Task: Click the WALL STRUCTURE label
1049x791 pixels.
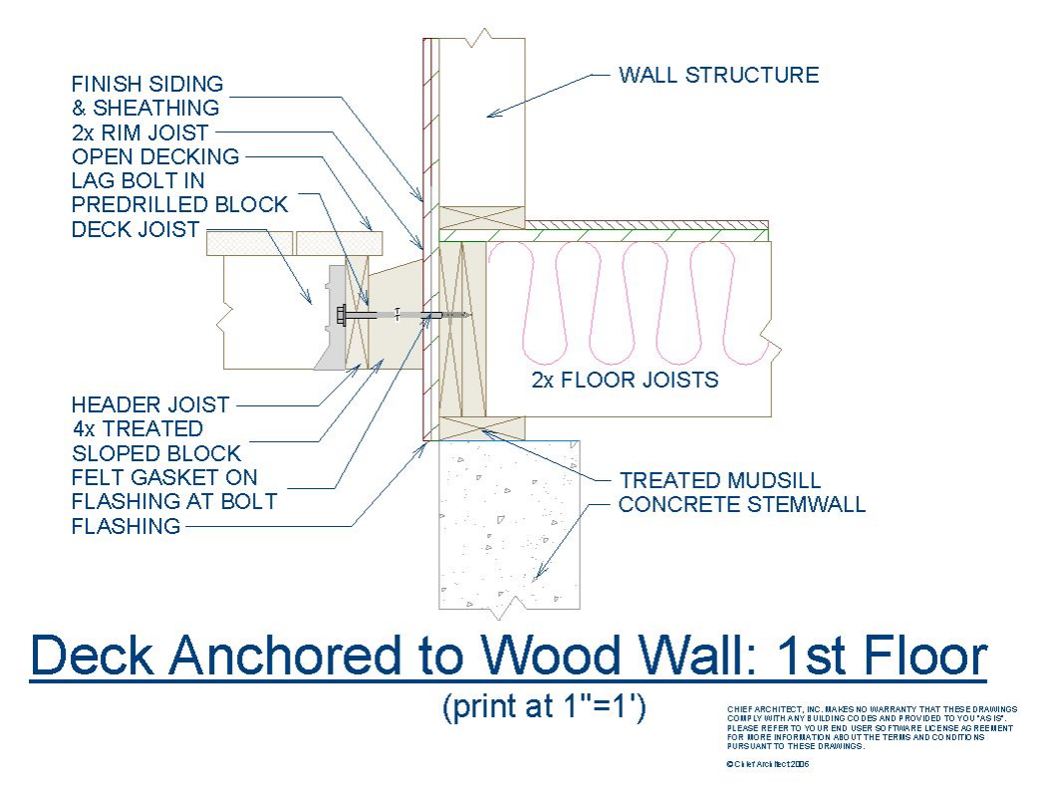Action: coord(718,75)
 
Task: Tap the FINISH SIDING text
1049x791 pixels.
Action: coord(147,84)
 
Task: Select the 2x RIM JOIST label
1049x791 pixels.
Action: coord(140,132)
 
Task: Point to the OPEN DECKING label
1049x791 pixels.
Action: coord(155,156)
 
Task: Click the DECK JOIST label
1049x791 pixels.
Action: coord(135,229)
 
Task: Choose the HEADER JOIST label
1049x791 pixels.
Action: coord(150,404)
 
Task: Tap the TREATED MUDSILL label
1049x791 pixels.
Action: coord(720,480)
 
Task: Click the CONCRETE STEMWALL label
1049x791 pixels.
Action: coord(742,504)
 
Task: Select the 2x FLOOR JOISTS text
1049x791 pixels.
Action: coord(625,380)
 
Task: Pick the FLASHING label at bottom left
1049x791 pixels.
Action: coord(126,525)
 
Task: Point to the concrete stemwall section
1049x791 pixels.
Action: coord(509,525)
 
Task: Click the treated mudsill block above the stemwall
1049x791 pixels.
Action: coord(482,428)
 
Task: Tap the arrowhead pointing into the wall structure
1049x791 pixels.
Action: coord(494,114)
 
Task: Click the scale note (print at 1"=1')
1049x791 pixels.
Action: coord(544,706)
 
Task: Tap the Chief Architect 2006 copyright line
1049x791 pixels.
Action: coord(767,763)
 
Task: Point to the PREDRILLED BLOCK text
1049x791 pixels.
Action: coord(179,204)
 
